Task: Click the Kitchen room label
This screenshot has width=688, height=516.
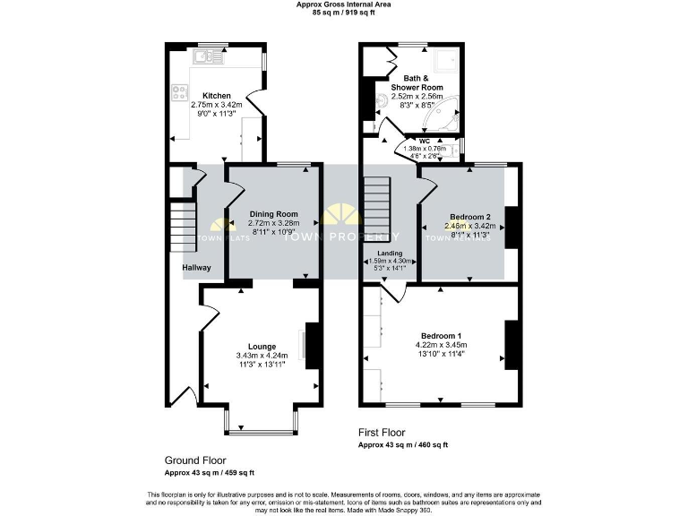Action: pyautogui.click(x=217, y=96)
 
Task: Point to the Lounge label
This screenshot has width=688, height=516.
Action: pyautogui.click(x=262, y=346)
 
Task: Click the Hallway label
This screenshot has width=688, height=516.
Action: pyautogui.click(x=196, y=267)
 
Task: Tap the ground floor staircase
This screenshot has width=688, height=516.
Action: pyautogui.click(x=183, y=228)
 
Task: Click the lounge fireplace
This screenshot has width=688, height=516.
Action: pyautogui.click(x=313, y=345)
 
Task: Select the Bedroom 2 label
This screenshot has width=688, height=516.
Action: pyautogui.click(x=469, y=217)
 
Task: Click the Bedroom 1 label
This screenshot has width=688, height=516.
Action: pyautogui.click(x=439, y=336)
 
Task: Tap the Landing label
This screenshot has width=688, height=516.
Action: pyautogui.click(x=389, y=253)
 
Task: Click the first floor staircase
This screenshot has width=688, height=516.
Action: pyautogui.click(x=377, y=214)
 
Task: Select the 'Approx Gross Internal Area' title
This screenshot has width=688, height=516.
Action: pyautogui.click(x=343, y=4)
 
